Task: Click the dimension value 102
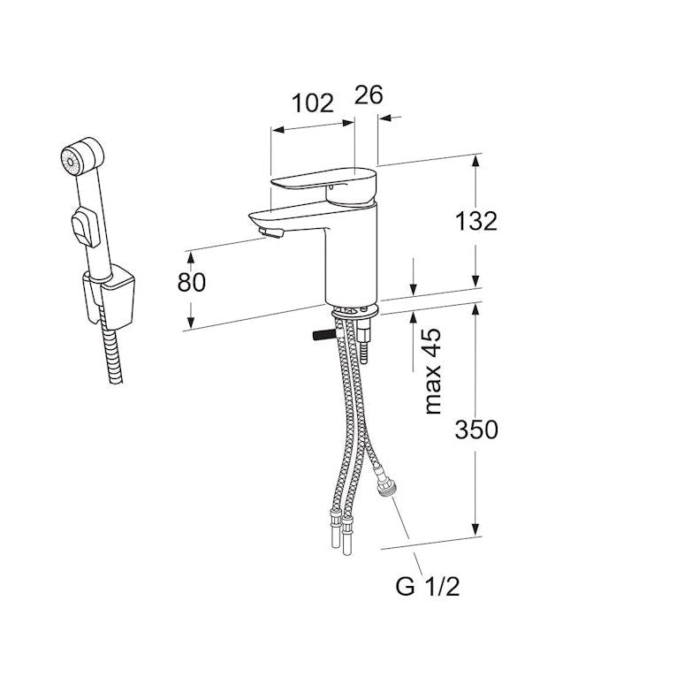click(x=312, y=103)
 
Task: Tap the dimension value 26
click(x=369, y=95)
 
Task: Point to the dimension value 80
click(x=191, y=282)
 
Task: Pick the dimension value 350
click(x=477, y=430)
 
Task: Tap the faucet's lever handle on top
click(x=323, y=182)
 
